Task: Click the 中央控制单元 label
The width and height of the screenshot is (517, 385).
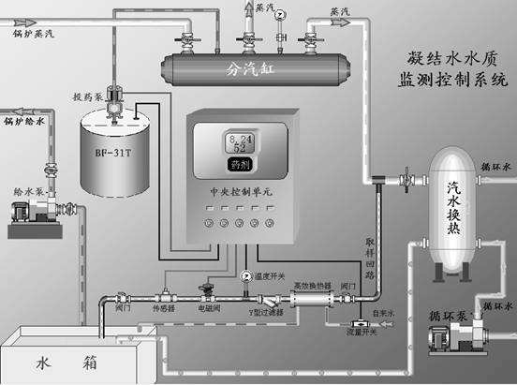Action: pyautogui.click(x=243, y=188)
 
